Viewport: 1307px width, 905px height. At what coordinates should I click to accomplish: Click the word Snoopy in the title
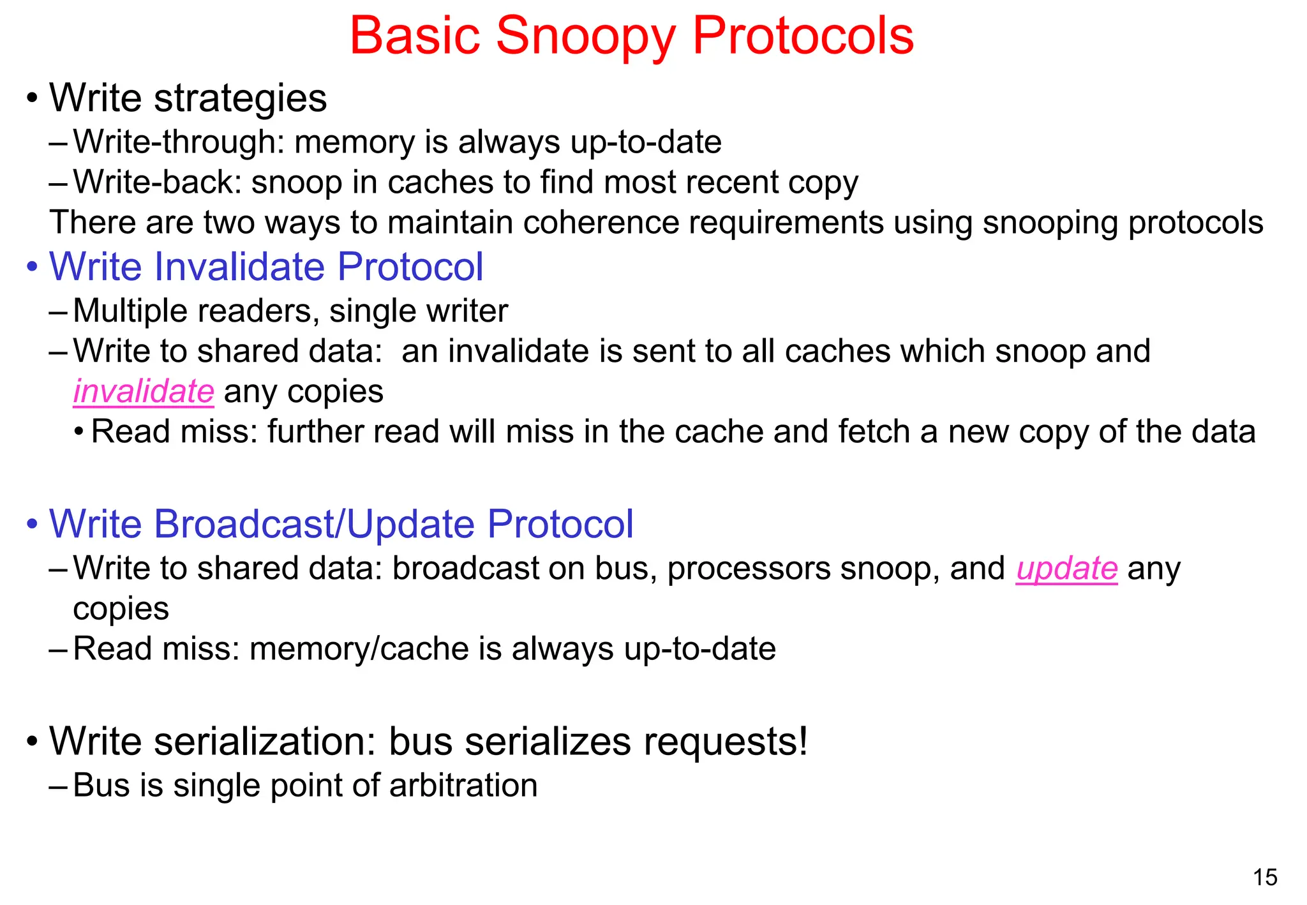585,36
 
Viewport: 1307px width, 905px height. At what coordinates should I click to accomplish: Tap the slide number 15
1265,878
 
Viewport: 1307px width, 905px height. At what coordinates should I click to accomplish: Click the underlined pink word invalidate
144,391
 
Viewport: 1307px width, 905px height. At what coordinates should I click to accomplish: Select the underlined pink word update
1067,568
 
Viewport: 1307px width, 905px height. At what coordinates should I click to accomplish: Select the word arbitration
463,785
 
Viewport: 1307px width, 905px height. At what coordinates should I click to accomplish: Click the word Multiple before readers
130,311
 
